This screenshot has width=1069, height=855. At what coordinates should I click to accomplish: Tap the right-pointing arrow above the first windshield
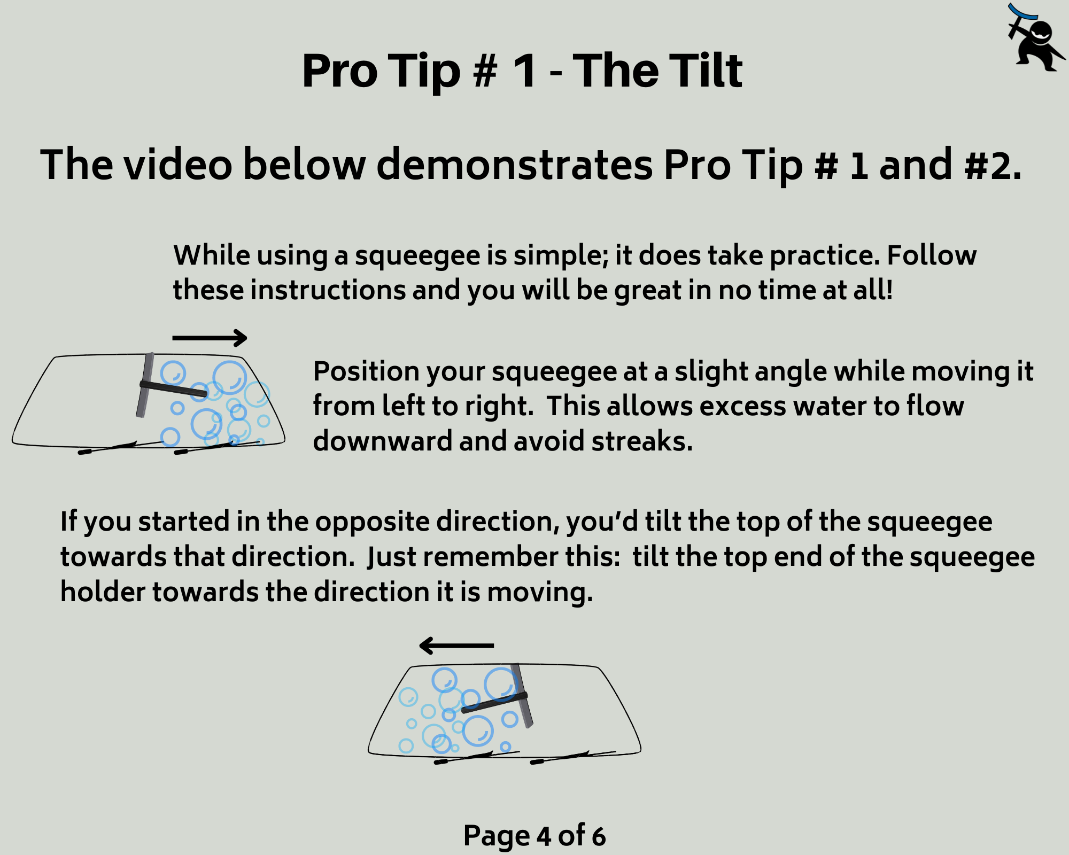pyautogui.click(x=210, y=338)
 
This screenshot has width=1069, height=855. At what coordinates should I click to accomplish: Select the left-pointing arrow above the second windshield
pyautogui.click(x=456, y=646)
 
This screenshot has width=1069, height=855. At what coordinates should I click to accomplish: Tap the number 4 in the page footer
pyautogui.click(x=544, y=837)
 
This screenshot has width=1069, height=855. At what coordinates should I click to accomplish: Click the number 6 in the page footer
pyautogui.click(x=599, y=837)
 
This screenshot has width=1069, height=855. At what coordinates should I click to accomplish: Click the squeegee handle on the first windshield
pyautogui.click(x=173, y=388)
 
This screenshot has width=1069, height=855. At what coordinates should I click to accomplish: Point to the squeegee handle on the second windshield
pyautogui.click(x=494, y=703)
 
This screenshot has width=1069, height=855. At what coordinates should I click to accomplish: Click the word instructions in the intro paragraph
pyautogui.click(x=328, y=291)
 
